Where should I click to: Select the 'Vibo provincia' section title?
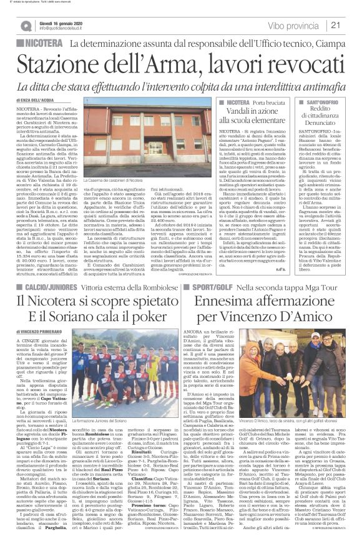(294, 25)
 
